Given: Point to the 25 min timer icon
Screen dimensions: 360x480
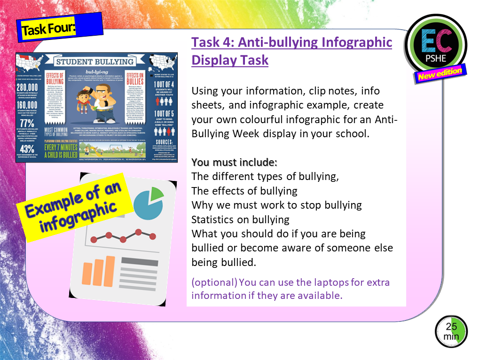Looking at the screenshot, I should tap(450, 332).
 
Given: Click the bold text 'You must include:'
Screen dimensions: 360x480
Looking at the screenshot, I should tap(234, 163).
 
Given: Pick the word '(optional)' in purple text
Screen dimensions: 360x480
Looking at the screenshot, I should tap(214, 282).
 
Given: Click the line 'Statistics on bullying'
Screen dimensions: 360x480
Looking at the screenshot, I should tap(240, 219).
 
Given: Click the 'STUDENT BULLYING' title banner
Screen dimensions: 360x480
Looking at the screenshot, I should tap(95, 62).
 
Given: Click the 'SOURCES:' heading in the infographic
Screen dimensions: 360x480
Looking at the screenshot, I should tap(163, 142).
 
